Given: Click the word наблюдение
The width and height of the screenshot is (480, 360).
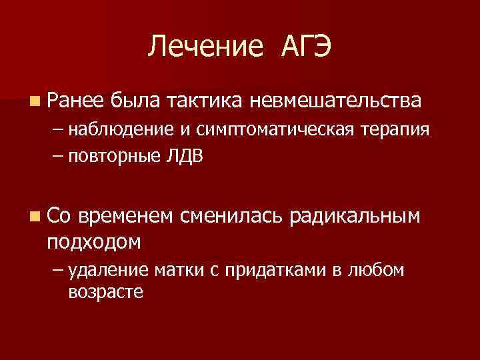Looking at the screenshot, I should (124, 129).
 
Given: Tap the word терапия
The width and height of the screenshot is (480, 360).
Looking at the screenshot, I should (400, 129).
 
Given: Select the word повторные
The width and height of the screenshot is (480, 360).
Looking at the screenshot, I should (114, 157).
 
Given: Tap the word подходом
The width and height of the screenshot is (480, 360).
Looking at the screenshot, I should (94, 241).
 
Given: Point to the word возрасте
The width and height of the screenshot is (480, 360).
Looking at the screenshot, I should (105, 291).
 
